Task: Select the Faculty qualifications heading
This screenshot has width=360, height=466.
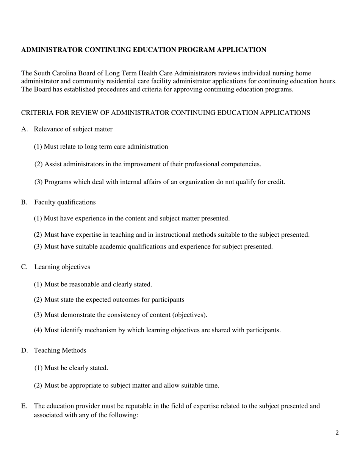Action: [x=65, y=202]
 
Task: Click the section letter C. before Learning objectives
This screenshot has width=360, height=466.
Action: [x=25, y=267]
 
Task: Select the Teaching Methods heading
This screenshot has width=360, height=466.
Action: [x=60, y=350]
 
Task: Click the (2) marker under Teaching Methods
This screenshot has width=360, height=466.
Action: [x=38, y=386]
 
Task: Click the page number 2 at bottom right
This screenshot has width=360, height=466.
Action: [x=337, y=433]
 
